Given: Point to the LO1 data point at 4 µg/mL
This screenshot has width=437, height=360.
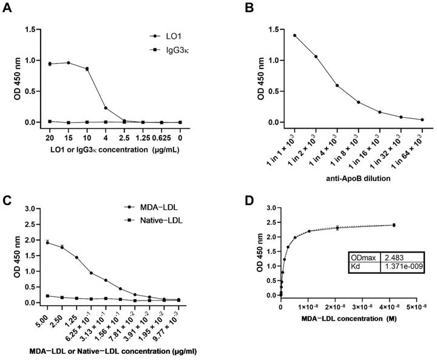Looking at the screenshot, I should (x=106, y=108).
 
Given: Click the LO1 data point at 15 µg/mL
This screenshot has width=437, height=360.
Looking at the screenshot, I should (x=69, y=63).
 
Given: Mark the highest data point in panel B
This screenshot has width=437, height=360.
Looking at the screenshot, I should (x=295, y=35).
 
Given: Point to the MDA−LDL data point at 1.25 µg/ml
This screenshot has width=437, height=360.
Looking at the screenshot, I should (x=76, y=257).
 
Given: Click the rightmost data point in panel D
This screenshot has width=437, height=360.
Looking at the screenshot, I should (x=394, y=225).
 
